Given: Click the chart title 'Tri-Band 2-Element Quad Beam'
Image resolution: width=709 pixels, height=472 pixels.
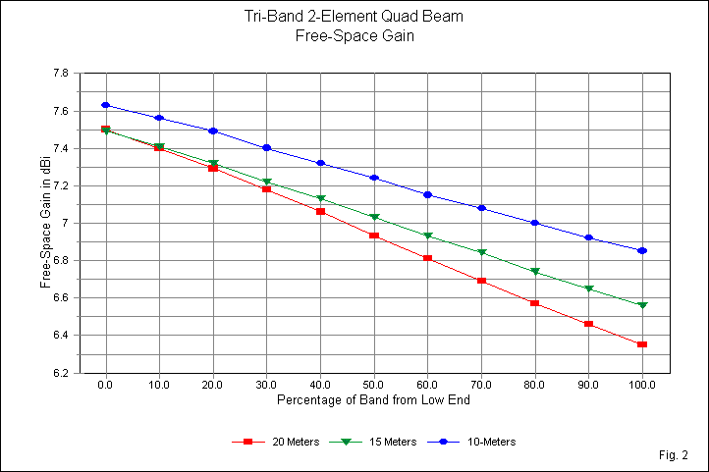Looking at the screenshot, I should click(354, 17).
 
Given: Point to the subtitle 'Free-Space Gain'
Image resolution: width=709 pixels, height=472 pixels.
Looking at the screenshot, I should click(354, 35).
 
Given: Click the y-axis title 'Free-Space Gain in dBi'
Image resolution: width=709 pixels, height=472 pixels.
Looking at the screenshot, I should click(46, 223).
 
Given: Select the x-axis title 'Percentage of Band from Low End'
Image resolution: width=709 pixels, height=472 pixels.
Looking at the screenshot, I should click(374, 401).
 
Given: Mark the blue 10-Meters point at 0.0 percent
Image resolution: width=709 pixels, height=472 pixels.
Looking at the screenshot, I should click(105, 105).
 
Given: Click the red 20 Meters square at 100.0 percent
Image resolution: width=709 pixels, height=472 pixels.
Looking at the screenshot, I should click(642, 344).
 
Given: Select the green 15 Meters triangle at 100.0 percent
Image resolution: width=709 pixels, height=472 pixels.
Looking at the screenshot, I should click(642, 305).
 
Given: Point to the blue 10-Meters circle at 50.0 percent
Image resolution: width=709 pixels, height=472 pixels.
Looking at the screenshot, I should click(374, 178).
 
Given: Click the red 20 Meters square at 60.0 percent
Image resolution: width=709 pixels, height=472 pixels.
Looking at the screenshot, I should click(427, 258).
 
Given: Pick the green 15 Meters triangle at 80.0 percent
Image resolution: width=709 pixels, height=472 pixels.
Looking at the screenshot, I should click(535, 272).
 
